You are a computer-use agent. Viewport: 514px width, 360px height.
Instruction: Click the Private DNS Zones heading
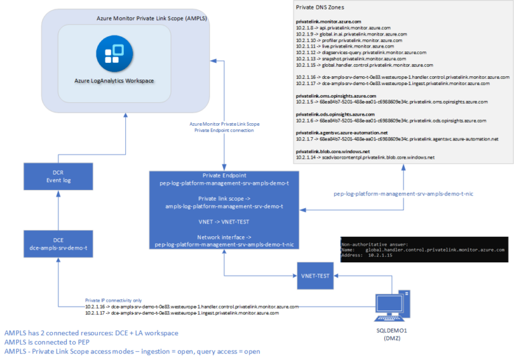tap(320, 7)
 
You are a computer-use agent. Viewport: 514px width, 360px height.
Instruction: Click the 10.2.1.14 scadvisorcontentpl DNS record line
tap(365, 157)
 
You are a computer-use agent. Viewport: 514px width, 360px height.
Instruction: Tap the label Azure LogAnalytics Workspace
tap(114, 82)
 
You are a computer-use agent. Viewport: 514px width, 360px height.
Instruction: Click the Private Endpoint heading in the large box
tap(221, 175)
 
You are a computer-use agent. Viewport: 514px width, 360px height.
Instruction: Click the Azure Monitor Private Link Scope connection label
tap(224, 127)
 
